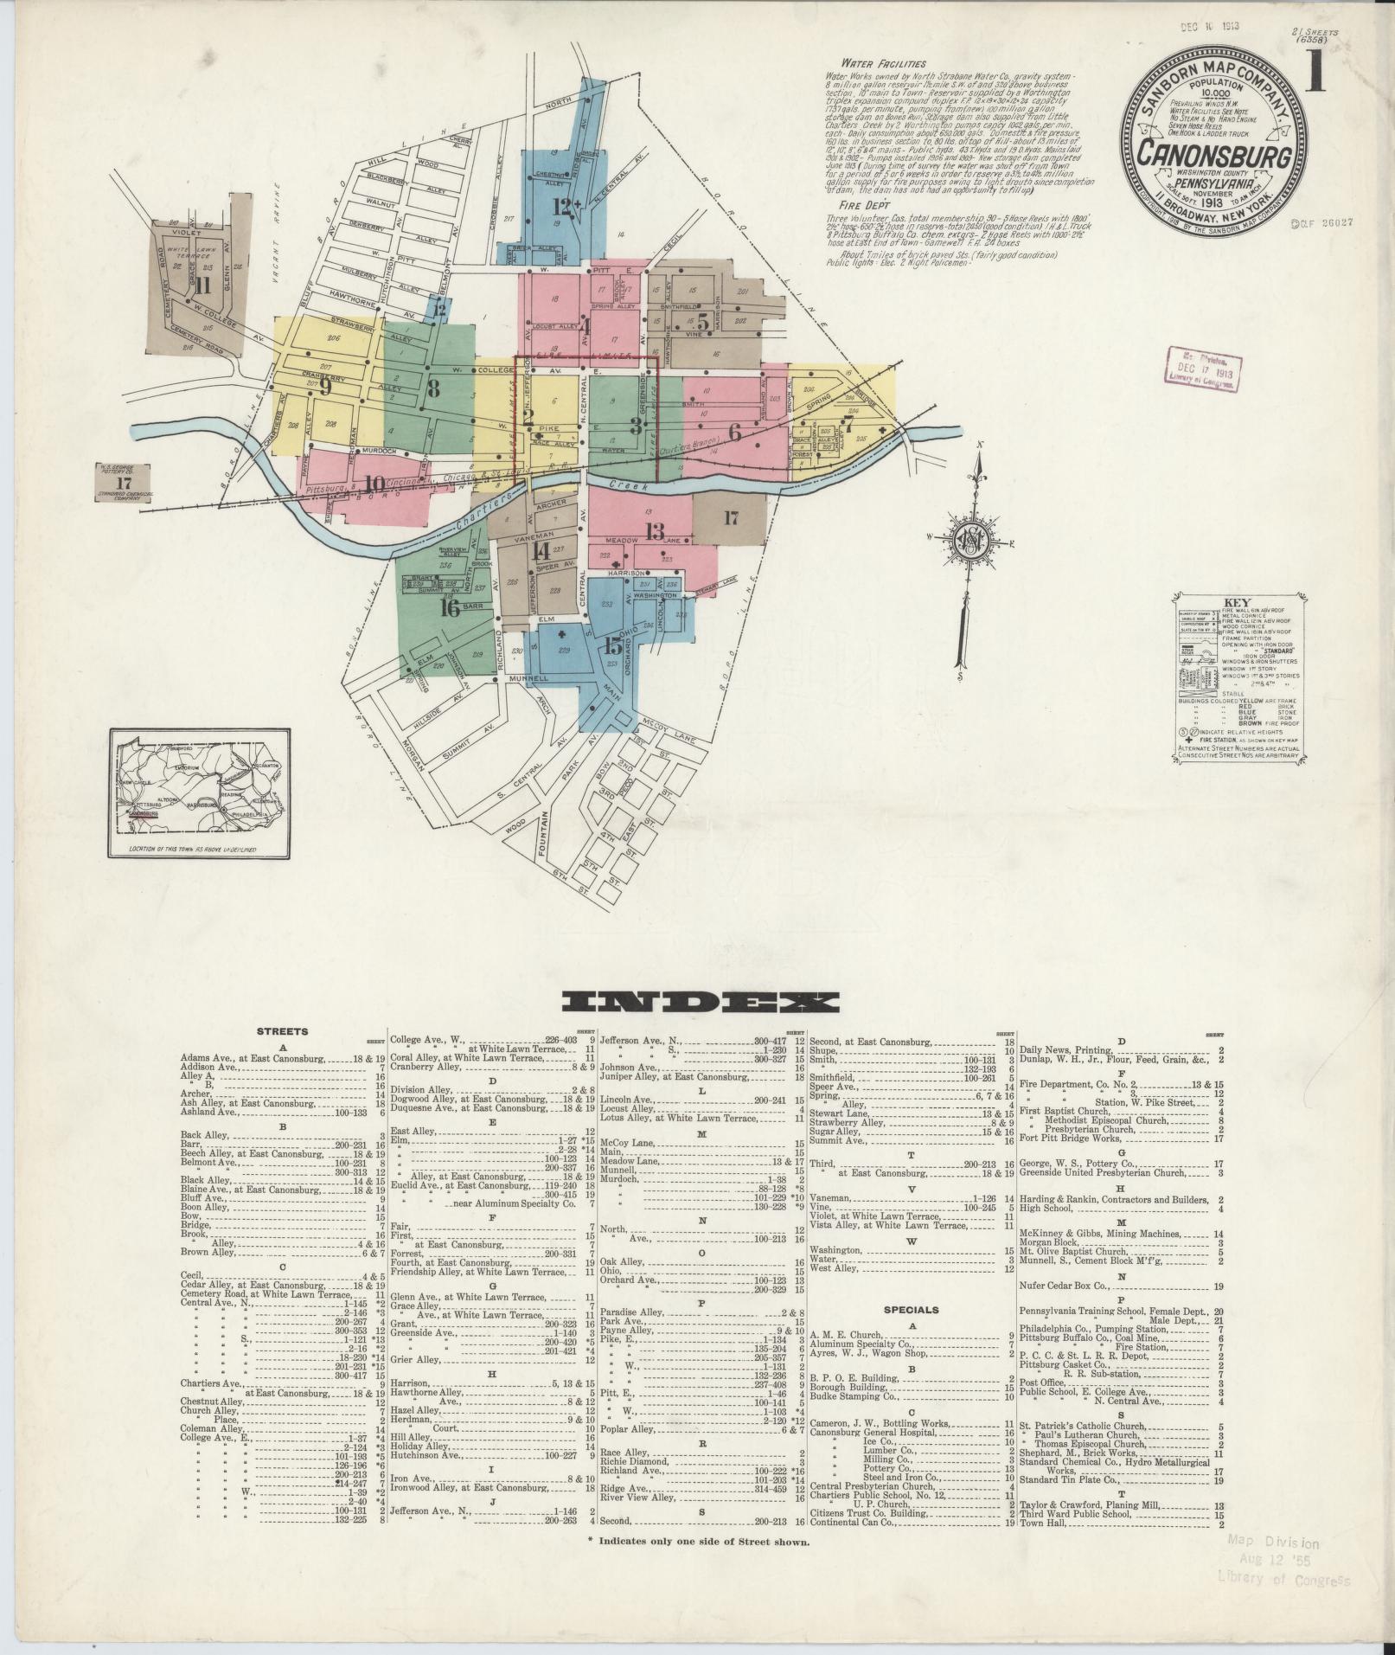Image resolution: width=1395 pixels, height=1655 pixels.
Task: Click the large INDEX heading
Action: pos(700,1003)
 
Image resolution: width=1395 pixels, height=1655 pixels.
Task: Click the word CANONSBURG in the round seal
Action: pos(1214,157)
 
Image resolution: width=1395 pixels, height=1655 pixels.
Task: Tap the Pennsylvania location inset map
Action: pos(200,792)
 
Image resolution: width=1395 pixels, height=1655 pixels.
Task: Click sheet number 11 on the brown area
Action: pos(203,285)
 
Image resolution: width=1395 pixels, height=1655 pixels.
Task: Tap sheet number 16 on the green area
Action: pos(449,607)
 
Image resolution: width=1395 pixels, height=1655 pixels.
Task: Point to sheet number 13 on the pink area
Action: pos(654,531)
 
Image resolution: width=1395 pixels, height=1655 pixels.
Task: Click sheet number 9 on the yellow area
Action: pos(325,388)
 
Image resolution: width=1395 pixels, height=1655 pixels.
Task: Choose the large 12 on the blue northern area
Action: pos(564,206)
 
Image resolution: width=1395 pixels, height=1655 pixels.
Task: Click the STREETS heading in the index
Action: pos(282,1031)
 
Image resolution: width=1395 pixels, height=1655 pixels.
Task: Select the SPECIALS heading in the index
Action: pos(912,1310)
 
